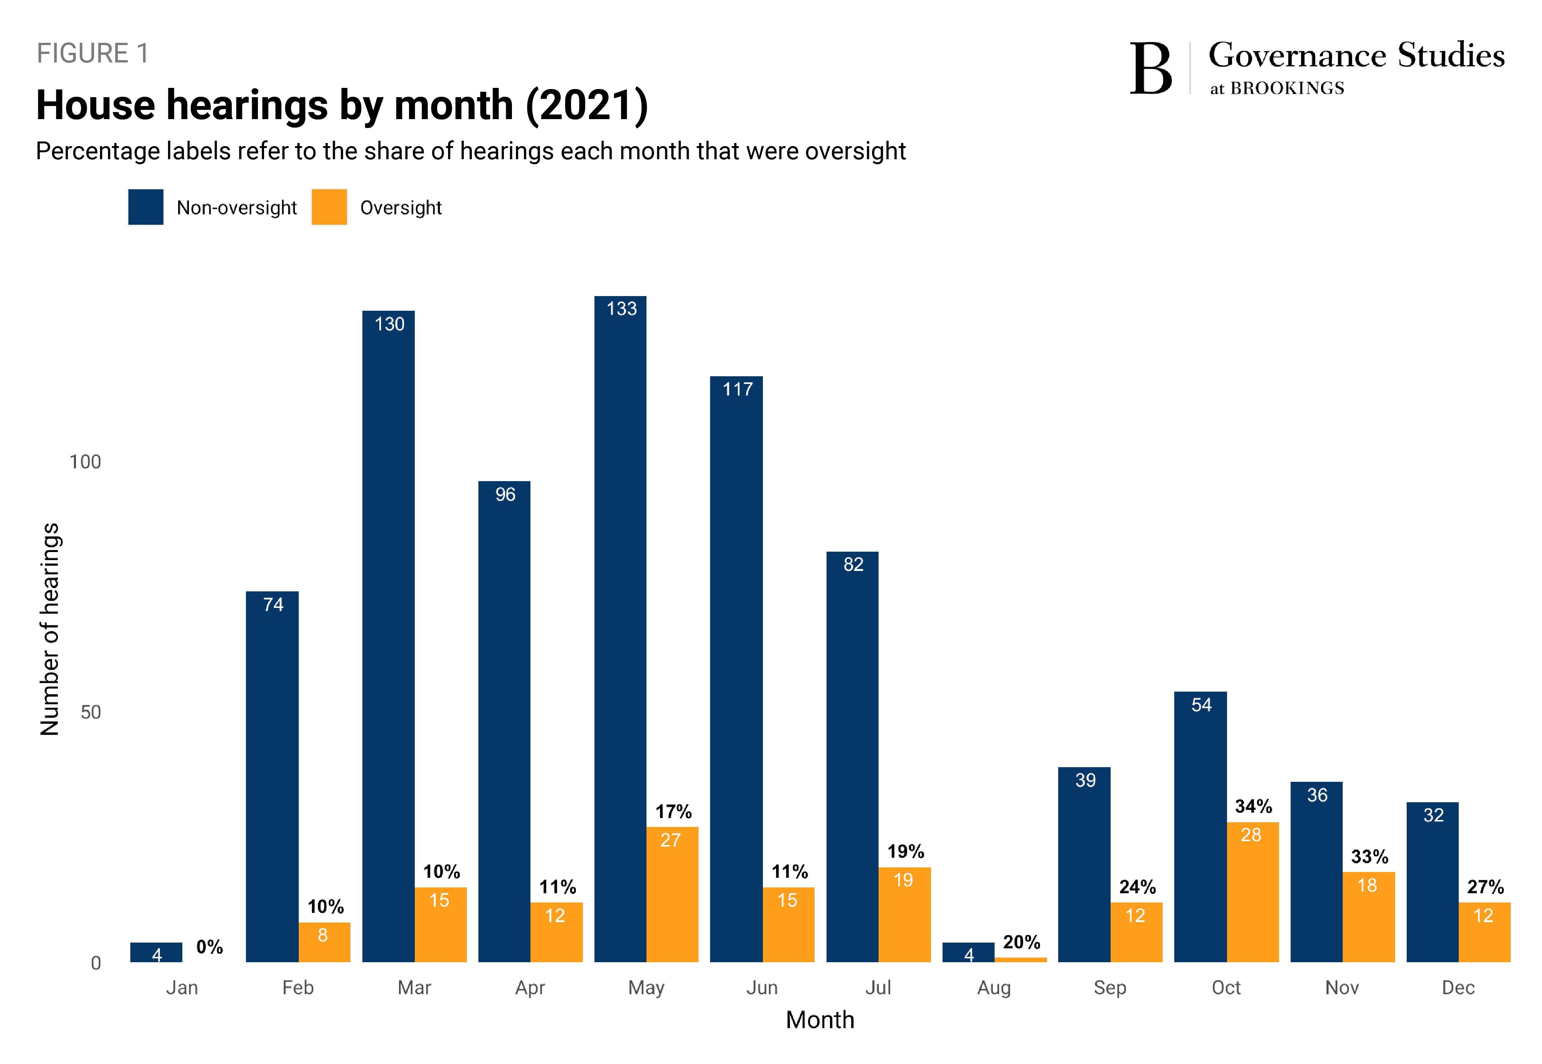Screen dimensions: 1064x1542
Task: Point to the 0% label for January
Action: click(209, 947)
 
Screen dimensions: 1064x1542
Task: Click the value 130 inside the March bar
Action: click(389, 324)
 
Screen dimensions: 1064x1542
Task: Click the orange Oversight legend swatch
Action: click(329, 207)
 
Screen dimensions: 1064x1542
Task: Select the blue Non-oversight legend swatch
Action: click(145, 207)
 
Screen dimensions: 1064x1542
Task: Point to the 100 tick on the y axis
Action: click(85, 461)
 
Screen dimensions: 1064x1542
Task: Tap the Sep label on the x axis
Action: click(1109, 987)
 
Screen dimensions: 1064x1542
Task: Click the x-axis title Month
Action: click(819, 1019)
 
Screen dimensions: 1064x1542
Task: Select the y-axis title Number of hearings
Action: click(50, 629)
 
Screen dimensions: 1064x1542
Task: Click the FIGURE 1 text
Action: click(93, 53)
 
